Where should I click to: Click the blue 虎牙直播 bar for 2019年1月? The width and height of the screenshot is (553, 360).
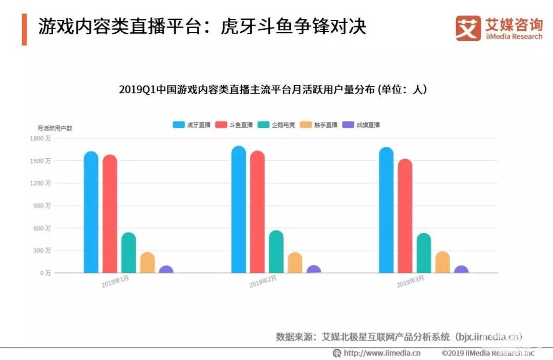click(x=91, y=212)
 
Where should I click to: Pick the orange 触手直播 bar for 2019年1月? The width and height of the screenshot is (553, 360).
click(x=147, y=262)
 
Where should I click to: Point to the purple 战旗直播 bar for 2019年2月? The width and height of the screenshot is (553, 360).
click(x=314, y=269)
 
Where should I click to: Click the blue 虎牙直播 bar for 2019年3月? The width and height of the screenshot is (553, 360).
click(x=387, y=210)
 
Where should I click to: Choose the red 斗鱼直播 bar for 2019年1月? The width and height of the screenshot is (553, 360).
click(x=110, y=214)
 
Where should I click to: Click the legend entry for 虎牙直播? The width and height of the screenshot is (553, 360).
click(x=192, y=124)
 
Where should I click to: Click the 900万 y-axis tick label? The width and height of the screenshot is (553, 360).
click(x=41, y=205)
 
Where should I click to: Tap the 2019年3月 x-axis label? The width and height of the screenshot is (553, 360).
click(x=411, y=281)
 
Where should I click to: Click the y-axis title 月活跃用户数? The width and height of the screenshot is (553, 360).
click(x=55, y=128)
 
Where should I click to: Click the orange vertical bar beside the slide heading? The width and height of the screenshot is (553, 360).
click(x=24, y=29)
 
